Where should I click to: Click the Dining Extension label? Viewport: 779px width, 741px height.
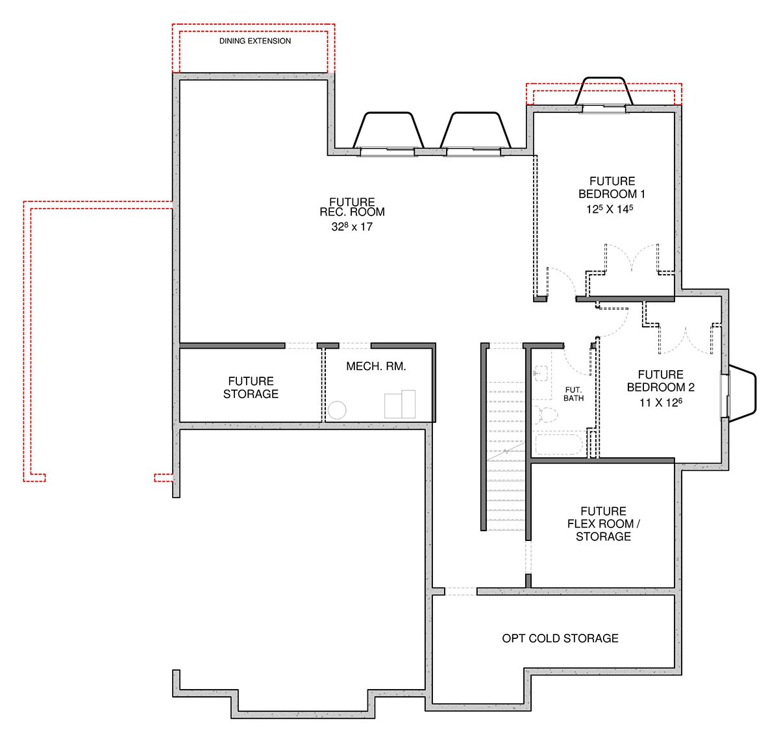[x=254, y=41]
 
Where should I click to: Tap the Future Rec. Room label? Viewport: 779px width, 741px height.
[x=352, y=207]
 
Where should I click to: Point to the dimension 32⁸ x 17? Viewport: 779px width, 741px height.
[x=352, y=227]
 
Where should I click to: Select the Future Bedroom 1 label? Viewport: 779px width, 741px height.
[x=612, y=188]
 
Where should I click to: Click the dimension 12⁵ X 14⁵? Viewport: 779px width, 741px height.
[x=610, y=208]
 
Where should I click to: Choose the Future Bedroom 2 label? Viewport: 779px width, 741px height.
[x=660, y=381]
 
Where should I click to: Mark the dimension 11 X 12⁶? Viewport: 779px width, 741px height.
[x=660, y=403]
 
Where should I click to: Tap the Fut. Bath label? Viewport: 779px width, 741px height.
[x=573, y=394]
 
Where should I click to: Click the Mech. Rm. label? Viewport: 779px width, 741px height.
[x=376, y=366]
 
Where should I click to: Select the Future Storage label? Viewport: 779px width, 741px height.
[x=251, y=387]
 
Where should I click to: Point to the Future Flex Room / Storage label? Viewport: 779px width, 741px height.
[x=603, y=523]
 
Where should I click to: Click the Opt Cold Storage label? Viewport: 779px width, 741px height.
[x=560, y=638]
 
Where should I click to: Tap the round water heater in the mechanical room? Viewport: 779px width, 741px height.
[x=337, y=410]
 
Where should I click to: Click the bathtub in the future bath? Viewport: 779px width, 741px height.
[x=559, y=444]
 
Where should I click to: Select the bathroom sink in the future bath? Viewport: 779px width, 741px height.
[x=541, y=373]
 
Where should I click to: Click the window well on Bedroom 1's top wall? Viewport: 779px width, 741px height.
[x=604, y=91]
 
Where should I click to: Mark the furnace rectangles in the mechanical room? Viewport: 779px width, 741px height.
[x=399, y=404]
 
